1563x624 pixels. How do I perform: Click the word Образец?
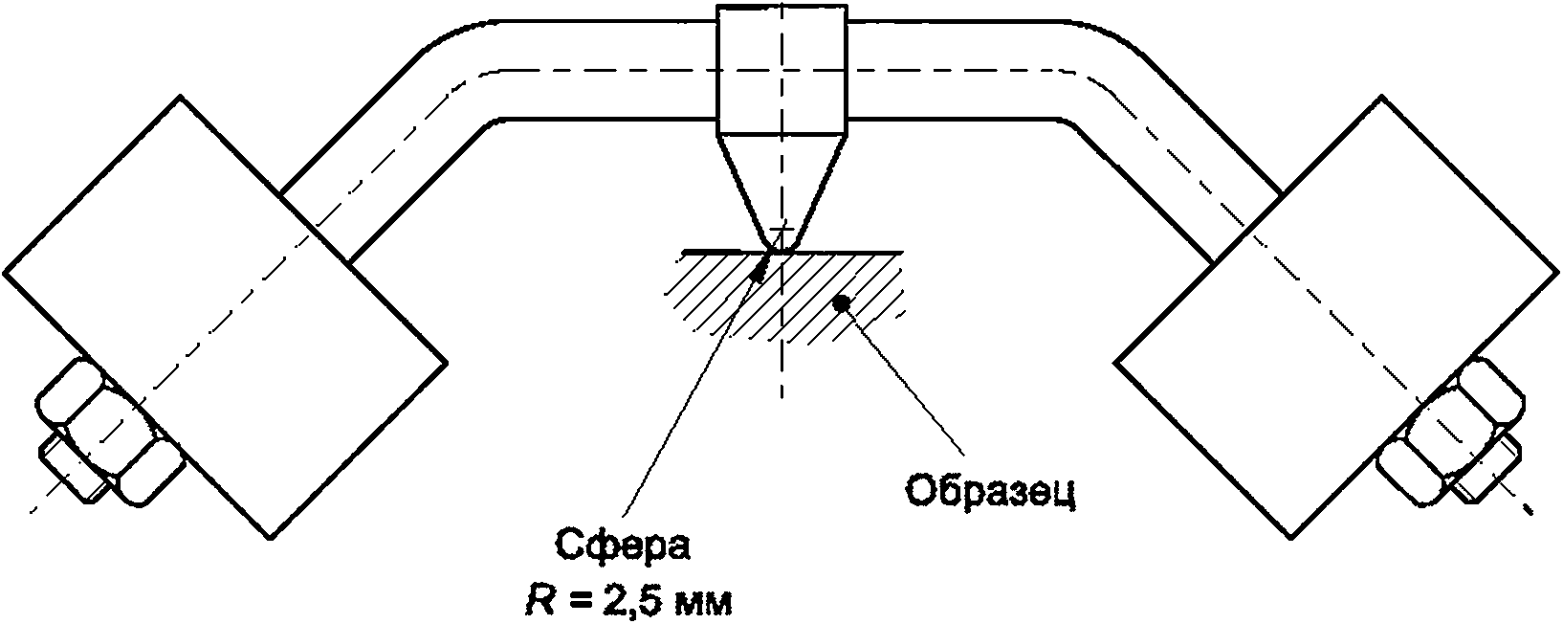(x=992, y=491)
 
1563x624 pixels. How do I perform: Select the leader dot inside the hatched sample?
(x=842, y=302)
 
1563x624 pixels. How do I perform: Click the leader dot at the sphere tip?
(x=757, y=275)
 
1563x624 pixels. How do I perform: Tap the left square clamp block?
(x=225, y=318)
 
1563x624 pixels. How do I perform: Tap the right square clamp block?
(x=1336, y=318)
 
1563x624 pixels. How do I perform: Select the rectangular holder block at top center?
(x=782, y=69)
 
